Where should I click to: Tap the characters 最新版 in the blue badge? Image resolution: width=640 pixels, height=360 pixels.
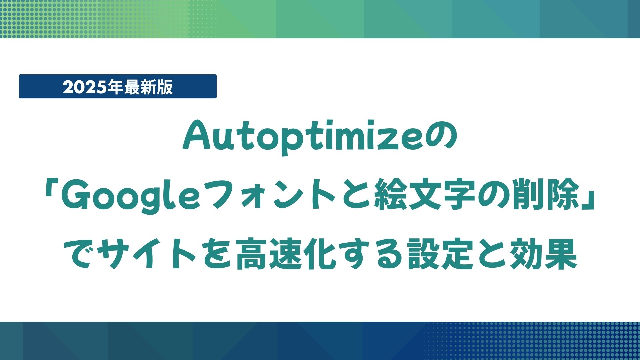148,87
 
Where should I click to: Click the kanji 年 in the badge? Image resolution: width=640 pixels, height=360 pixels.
117,87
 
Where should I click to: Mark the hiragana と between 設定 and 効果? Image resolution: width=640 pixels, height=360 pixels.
492,255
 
